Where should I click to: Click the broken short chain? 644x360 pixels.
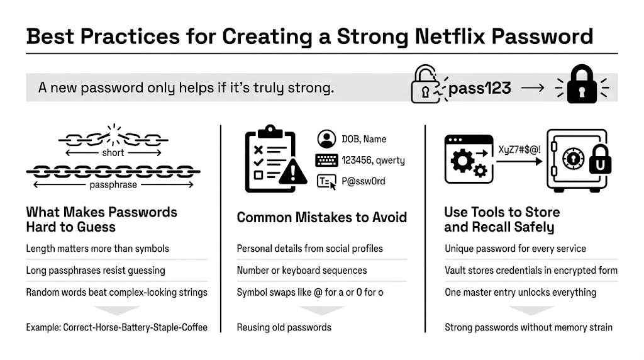click(x=113, y=137)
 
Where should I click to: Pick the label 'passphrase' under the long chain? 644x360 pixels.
click(x=113, y=185)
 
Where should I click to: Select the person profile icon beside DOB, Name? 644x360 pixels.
click(x=326, y=138)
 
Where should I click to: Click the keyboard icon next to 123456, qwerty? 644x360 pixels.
click(x=326, y=160)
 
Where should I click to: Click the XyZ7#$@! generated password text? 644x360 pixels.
click(x=519, y=150)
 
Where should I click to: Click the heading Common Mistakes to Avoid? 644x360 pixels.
click(x=321, y=218)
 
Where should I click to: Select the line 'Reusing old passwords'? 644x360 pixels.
click(x=284, y=327)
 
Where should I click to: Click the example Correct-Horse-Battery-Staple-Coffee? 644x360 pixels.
click(x=116, y=327)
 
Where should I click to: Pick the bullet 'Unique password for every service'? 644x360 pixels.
click(x=515, y=249)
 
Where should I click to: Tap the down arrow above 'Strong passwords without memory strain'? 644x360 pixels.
click(x=531, y=310)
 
